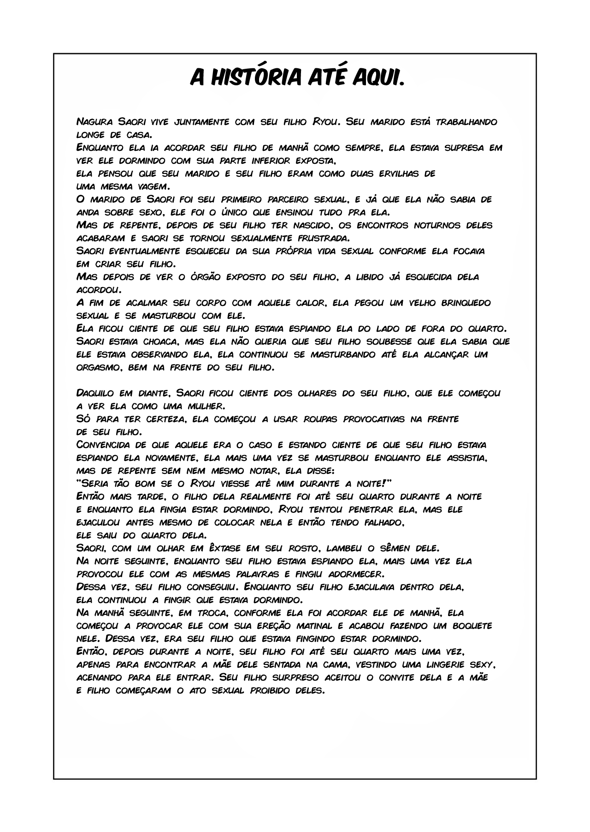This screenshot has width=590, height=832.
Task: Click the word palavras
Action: [250, 575]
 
